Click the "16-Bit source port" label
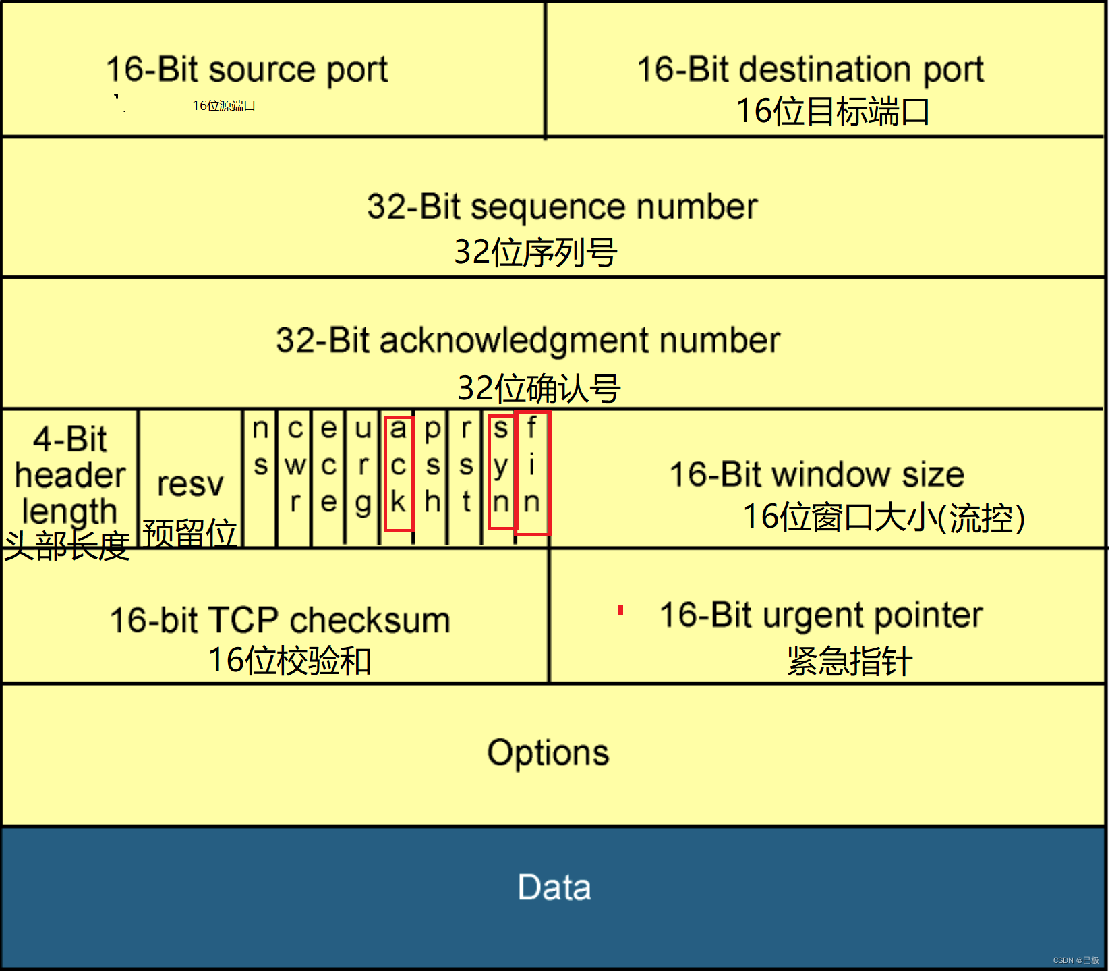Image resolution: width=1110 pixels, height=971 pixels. click(x=247, y=70)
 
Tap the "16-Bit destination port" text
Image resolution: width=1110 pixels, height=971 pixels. click(x=810, y=70)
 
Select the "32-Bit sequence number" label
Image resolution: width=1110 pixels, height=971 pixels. click(x=562, y=206)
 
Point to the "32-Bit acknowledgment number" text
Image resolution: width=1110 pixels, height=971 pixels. click(x=527, y=341)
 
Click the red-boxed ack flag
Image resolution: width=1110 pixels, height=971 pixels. click(x=399, y=473)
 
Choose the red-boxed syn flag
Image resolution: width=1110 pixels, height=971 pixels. click(x=501, y=472)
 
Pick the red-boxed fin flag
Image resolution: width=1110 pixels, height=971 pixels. click(x=532, y=473)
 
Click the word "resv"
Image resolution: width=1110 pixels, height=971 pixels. click(x=190, y=484)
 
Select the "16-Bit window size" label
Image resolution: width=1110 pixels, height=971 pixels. click(x=817, y=474)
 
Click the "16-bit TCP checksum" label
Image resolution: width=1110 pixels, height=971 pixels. click(x=280, y=620)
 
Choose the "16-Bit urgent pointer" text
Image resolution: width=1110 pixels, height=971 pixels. click(x=821, y=615)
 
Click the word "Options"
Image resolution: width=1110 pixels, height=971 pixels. click(x=548, y=753)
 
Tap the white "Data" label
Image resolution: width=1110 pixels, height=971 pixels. click(x=554, y=887)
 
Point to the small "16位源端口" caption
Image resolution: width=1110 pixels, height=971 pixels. click(x=224, y=106)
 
